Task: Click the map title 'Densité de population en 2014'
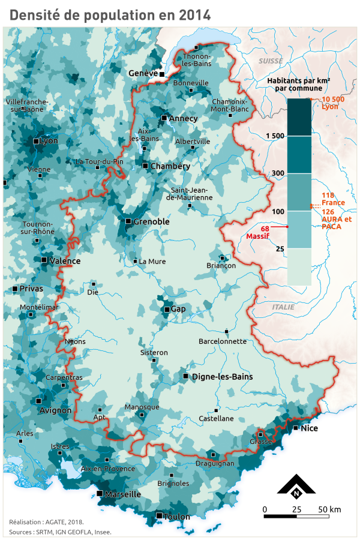[x=110, y=15]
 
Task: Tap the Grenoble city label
[x=151, y=221]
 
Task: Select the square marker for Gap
[x=167, y=310]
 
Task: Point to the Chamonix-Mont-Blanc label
[x=230, y=105]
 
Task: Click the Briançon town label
[x=220, y=265]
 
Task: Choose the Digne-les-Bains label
[x=222, y=377]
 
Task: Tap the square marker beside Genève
[x=162, y=74]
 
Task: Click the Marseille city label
[x=122, y=494]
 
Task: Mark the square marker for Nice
[x=296, y=428]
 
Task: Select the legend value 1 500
[x=274, y=136]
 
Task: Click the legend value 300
[x=278, y=173]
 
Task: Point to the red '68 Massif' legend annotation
[x=264, y=232]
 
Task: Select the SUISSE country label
[x=271, y=61]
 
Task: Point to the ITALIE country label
[x=283, y=306]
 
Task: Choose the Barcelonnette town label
[x=223, y=341]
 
